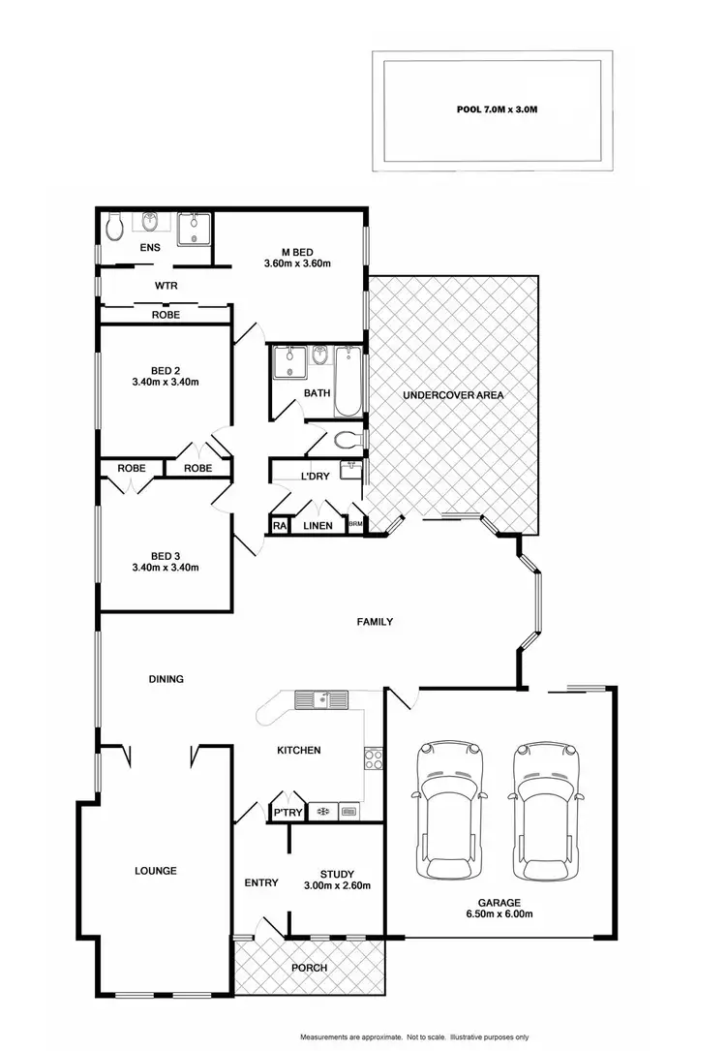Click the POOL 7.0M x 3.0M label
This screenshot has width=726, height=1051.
pyautogui.click(x=497, y=110)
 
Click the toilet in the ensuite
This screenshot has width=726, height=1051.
pyautogui.click(x=114, y=227)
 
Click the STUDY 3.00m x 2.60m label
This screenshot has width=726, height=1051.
pyautogui.click(x=338, y=879)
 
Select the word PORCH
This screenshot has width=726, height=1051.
pyautogui.click(x=311, y=968)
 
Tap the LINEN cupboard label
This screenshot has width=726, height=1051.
pyautogui.click(x=318, y=526)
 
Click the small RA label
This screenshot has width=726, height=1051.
pyautogui.click(x=279, y=526)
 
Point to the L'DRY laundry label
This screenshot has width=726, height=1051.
pyautogui.click(x=316, y=477)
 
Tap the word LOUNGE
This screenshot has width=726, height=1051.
pyautogui.click(x=155, y=871)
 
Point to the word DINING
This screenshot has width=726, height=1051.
pyautogui.click(x=166, y=679)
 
